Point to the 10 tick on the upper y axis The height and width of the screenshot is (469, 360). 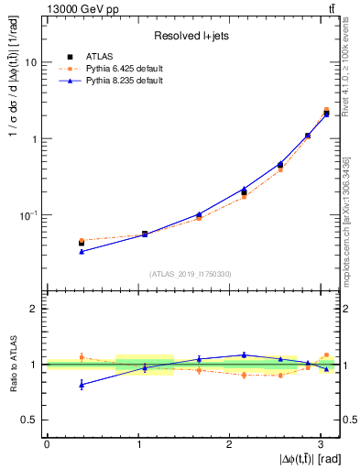(33, 62)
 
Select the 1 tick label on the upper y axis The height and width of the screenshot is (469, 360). (35, 139)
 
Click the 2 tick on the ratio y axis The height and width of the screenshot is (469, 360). (35, 309)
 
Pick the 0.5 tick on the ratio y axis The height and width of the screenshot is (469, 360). (31, 420)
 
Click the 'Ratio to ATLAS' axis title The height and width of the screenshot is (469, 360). (12, 365)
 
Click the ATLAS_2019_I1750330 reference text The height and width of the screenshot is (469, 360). (191, 274)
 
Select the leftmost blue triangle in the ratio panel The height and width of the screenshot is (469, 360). (82, 385)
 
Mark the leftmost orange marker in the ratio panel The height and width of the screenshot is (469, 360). (82, 356)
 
